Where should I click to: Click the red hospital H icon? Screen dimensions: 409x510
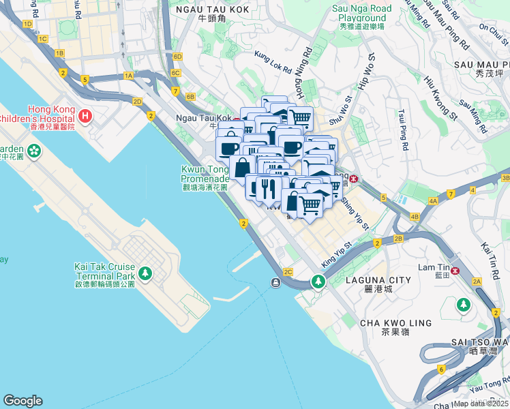tap(85, 117)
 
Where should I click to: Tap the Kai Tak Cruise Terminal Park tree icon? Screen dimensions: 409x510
tap(145, 273)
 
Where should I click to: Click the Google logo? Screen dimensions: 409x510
tap(22, 401)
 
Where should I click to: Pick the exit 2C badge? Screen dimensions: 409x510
tap(288, 272)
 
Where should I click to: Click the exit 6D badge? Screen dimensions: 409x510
tap(178, 57)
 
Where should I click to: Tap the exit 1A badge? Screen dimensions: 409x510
tap(128, 76)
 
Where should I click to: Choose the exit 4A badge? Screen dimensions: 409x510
tap(433, 201)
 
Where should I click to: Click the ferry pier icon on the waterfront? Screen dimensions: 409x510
tap(274, 283)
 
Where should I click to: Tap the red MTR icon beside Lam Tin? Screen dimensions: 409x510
tap(473, 270)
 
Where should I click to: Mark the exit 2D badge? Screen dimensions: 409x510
tap(137, 102)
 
